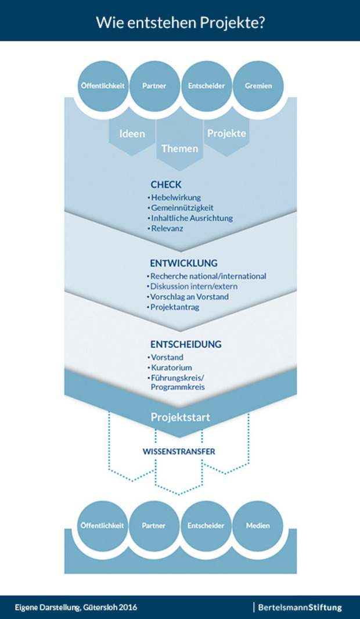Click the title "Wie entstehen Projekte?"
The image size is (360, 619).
[x=180, y=21]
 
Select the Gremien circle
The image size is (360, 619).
[x=258, y=86]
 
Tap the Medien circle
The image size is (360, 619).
[x=258, y=526]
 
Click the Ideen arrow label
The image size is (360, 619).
[x=132, y=134]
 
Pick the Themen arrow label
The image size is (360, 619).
[x=179, y=148]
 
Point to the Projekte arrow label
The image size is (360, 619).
[x=226, y=133]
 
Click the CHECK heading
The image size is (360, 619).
[x=166, y=185]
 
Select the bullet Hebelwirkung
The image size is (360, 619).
[x=176, y=197]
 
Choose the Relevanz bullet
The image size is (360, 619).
[x=168, y=229]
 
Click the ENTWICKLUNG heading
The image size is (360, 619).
[x=183, y=263]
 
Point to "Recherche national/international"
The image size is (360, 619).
[x=208, y=276]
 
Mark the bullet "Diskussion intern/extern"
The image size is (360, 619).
[x=194, y=286]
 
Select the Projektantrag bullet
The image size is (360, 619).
[x=175, y=307]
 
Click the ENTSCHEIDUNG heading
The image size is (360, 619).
[x=186, y=344]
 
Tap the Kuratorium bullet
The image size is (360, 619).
[x=171, y=368]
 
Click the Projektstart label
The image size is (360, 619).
[x=180, y=418]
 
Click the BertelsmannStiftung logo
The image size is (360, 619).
[x=300, y=607]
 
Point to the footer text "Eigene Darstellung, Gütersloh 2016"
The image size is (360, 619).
[x=76, y=607]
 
